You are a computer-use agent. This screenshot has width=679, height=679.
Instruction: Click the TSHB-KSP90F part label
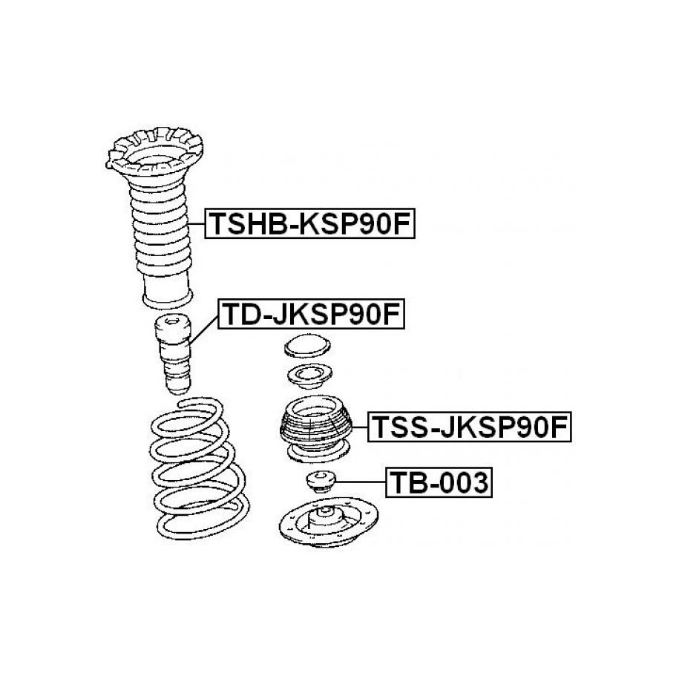309,223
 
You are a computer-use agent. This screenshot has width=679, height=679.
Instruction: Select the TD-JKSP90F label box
311,314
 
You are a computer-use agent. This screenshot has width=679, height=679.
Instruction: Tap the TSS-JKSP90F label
470,427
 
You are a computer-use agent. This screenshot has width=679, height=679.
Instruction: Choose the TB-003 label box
439,482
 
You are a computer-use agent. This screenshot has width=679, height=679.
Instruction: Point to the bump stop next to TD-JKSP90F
173,354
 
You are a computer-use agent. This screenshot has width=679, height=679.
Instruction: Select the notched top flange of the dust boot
154,154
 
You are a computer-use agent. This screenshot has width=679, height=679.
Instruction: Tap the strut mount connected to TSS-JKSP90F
315,429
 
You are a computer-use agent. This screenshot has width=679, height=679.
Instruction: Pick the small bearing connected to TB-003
321,481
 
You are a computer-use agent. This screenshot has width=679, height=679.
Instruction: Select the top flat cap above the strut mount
307,346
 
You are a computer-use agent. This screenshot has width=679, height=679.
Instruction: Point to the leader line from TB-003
361,482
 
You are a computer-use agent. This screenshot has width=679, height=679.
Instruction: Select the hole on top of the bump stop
172,321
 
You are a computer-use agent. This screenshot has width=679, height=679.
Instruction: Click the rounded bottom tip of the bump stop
178,387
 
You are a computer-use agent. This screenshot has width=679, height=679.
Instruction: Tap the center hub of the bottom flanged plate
325,515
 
